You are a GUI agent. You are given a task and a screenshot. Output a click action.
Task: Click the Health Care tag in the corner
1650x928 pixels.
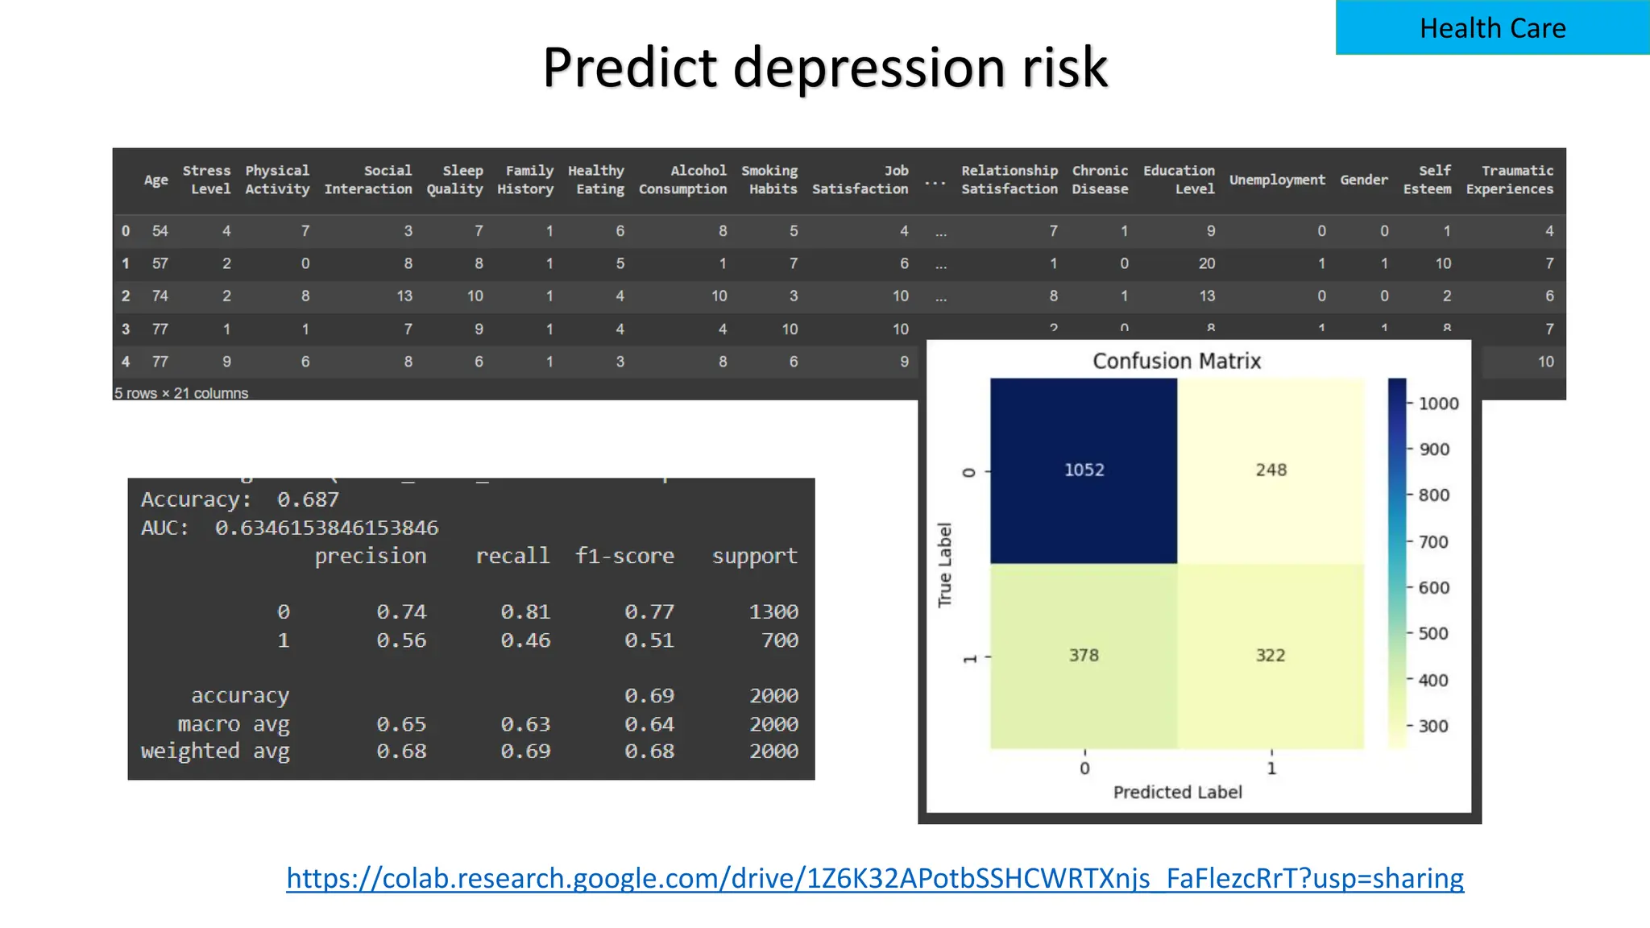[x=1492, y=28]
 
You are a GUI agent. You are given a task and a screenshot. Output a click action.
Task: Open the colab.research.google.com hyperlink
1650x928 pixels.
[x=875, y=877]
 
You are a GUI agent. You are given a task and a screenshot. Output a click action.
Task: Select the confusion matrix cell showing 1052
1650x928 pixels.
[x=1084, y=470]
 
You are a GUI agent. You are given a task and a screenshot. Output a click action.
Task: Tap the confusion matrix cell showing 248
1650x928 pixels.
[x=1271, y=470]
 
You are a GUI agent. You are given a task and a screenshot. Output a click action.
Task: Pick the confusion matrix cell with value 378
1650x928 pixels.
[x=1084, y=655]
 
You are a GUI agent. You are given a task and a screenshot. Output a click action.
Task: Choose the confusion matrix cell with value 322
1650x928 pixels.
[x=1271, y=655]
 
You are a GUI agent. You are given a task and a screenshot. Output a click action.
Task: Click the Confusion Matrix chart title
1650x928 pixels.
[x=1176, y=361]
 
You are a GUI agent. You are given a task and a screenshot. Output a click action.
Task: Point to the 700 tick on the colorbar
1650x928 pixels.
[x=1432, y=542]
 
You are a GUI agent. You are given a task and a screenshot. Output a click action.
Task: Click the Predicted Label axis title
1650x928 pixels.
[x=1177, y=792]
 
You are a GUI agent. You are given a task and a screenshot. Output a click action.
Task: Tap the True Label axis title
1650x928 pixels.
[x=945, y=564]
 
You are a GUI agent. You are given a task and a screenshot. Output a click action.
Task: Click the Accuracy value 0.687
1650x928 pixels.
[x=308, y=499]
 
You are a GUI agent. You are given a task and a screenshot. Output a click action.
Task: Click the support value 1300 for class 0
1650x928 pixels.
[x=773, y=612]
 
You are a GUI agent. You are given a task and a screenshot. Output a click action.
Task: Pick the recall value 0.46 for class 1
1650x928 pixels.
[x=525, y=640]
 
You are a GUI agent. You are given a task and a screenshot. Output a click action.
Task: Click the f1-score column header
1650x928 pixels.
[x=624, y=556]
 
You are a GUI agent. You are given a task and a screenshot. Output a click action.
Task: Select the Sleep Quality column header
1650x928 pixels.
[x=455, y=180]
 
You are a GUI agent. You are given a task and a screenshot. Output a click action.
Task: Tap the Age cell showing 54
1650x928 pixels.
[x=160, y=231]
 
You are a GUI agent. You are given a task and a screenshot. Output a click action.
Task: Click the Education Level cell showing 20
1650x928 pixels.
[x=1206, y=263]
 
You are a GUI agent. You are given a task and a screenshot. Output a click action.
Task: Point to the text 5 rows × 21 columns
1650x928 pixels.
[x=181, y=393]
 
